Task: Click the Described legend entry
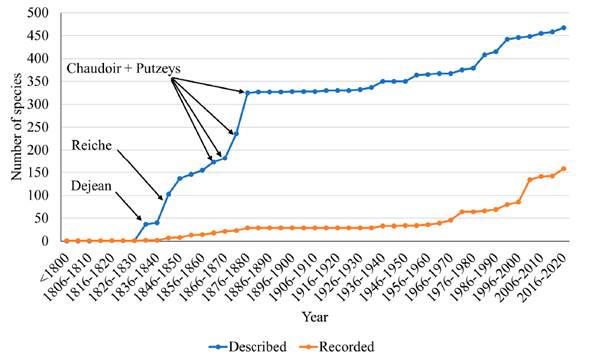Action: pos(248,346)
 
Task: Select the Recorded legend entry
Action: pos(337,346)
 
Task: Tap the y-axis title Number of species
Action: pos(16,127)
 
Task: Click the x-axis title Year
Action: pos(315,317)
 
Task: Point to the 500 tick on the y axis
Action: pos(38,13)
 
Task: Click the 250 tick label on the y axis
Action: pos(38,127)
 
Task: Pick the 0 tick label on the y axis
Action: pos(45,241)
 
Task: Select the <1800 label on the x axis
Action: pos(56,268)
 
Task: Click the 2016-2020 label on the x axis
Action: pos(543,277)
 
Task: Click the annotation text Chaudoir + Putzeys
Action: pos(123,68)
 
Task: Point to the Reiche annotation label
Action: pos(92,145)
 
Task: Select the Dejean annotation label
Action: pos(91,186)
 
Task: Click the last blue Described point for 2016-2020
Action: pos(564,27)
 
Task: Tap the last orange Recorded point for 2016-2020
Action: pos(564,169)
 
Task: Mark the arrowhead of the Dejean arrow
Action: pos(141,220)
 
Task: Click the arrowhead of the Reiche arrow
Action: pos(163,200)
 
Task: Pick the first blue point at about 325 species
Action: pos(247,92)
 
